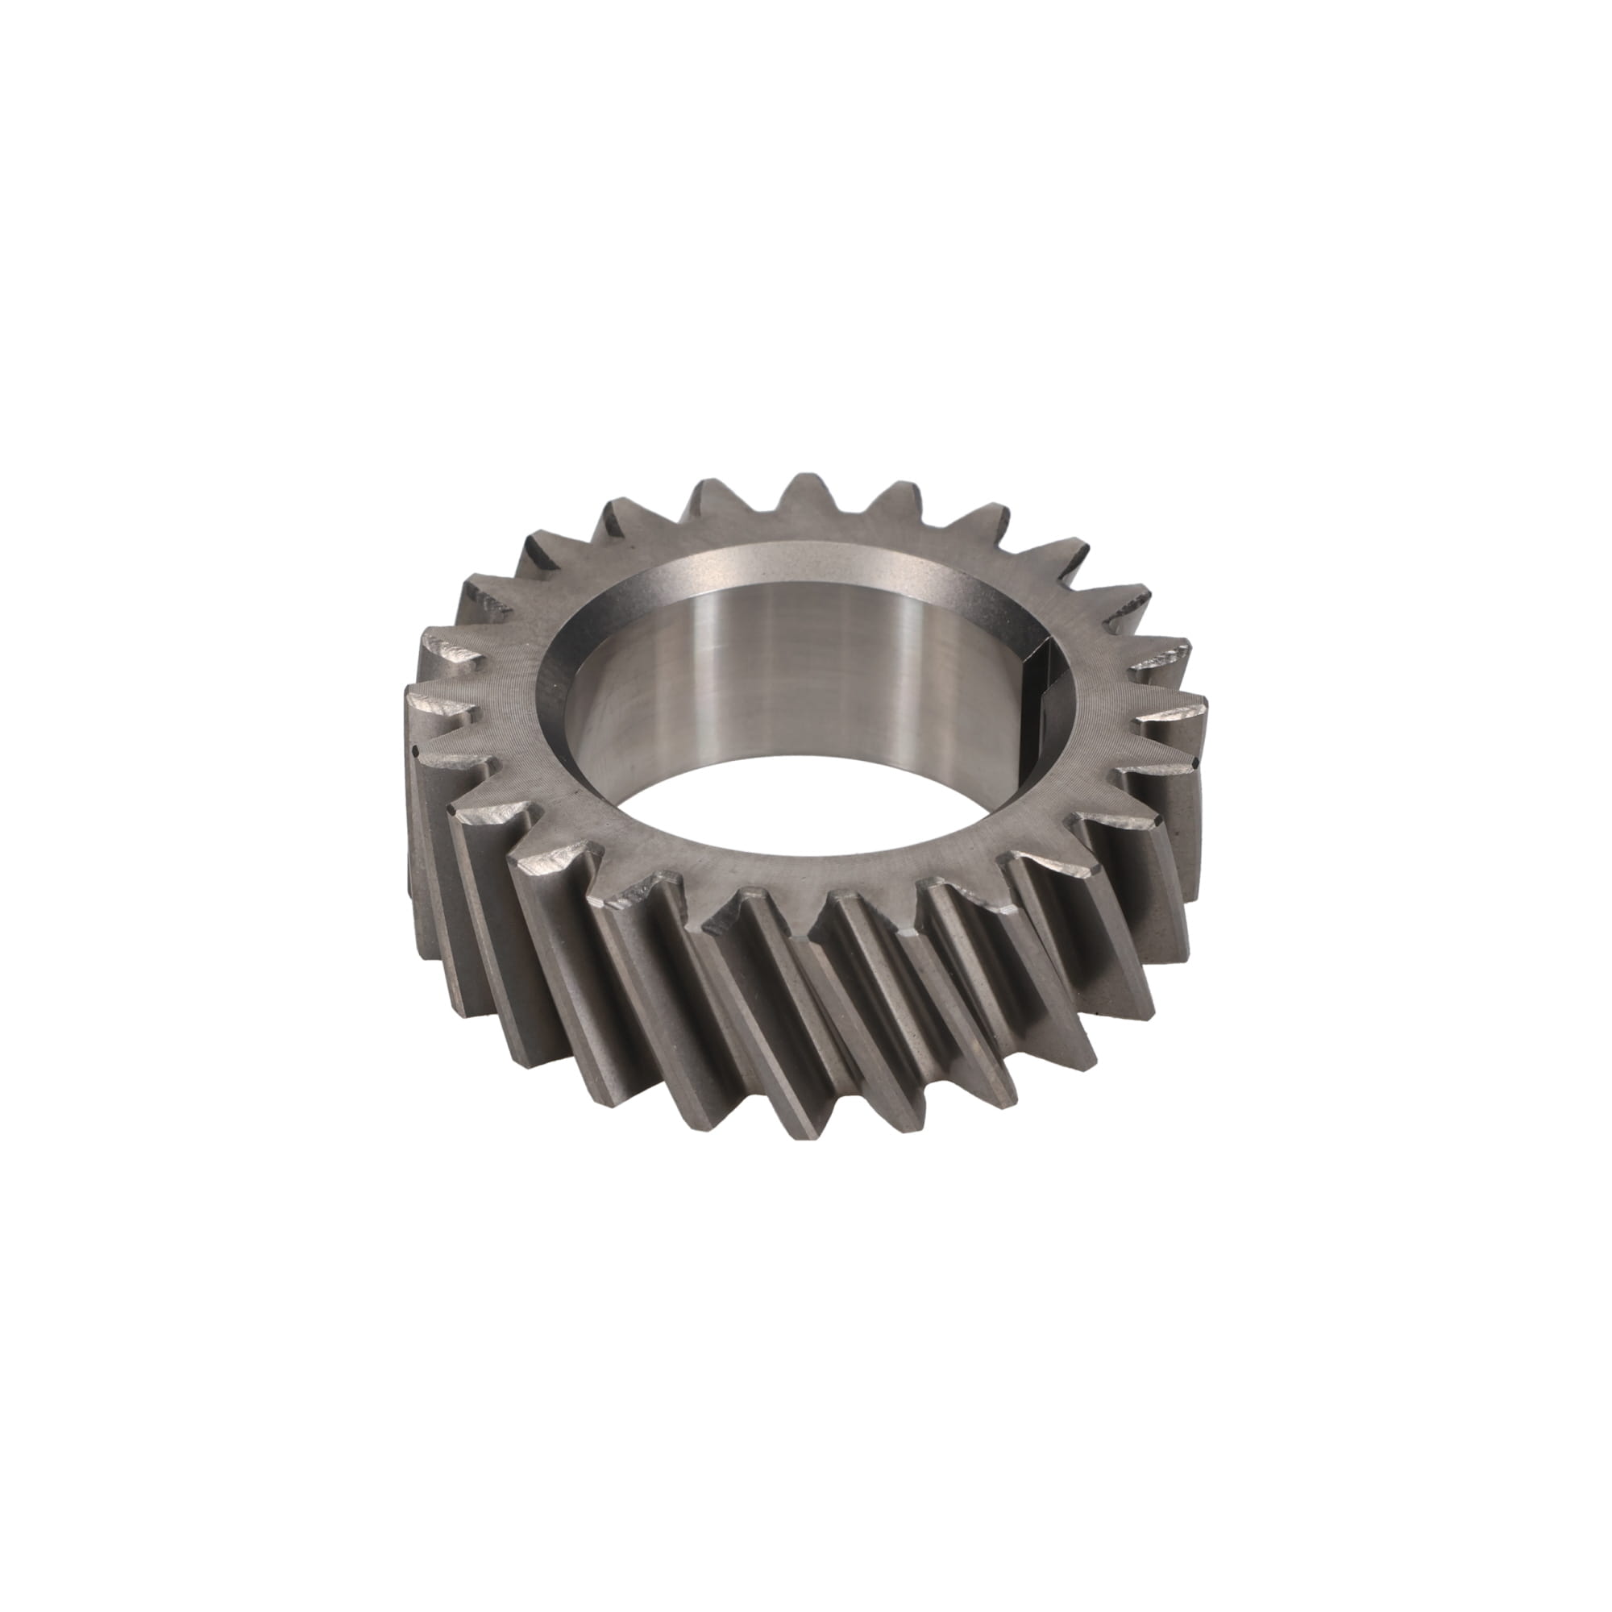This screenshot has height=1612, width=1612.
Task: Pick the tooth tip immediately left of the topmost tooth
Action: [x=709, y=488]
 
